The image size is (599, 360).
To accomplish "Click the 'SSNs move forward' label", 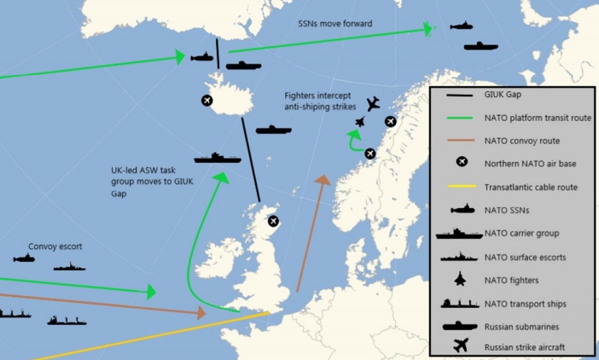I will pos(335,24).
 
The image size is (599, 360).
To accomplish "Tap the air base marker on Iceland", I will pos(206,101).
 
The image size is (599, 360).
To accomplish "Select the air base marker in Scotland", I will pos(273,221).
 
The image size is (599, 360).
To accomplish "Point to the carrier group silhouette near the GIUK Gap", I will pos(218,158).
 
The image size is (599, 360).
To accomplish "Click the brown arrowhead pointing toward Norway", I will pos(323,181).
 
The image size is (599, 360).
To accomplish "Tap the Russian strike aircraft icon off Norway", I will pos(372,104).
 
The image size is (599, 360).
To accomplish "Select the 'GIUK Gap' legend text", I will pos(503,95).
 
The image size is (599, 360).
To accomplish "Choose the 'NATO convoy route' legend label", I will pos(522,141).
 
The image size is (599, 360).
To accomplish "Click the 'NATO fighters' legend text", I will pos(511,279).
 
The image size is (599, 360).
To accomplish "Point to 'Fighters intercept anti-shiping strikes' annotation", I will pos(327,101).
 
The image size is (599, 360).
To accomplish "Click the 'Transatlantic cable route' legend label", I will pos(531,188).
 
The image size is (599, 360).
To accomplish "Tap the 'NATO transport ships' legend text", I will pos(525,303).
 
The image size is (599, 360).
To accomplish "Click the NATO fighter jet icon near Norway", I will pos(360,122).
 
